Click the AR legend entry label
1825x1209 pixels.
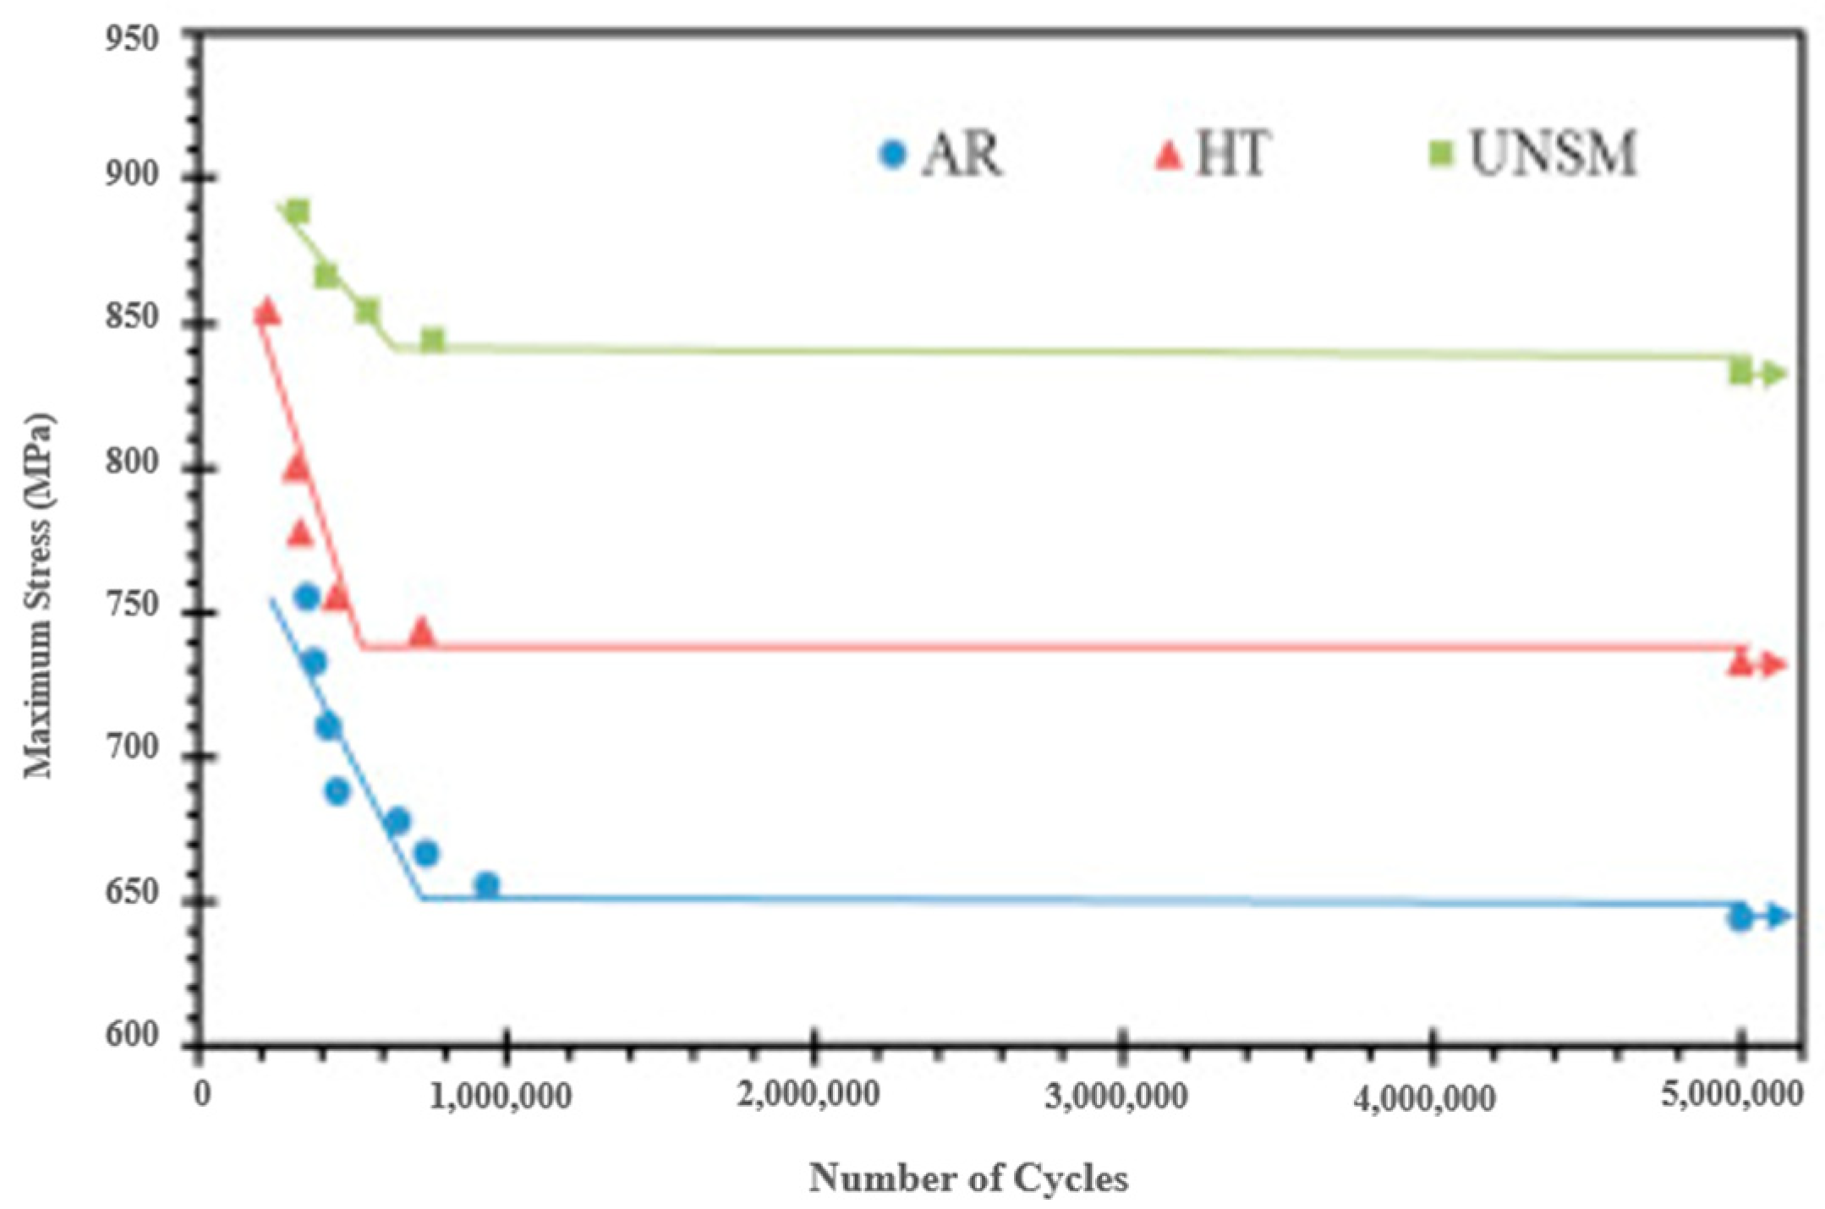click(x=962, y=154)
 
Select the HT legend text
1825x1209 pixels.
click(x=1232, y=154)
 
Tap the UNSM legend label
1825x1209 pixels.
click(x=1553, y=154)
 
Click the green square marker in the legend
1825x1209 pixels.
click(x=1441, y=154)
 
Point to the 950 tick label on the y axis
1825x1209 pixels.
click(x=131, y=39)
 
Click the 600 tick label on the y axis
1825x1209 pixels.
click(x=131, y=1035)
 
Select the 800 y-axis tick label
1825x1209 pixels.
click(x=131, y=463)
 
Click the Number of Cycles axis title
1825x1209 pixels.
click(x=968, y=1178)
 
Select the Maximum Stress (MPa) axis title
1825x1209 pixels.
click(x=38, y=596)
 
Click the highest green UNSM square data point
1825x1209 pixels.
click(x=297, y=211)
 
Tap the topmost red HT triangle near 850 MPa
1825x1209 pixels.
click(x=267, y=312)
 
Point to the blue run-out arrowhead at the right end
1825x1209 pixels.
click(x=1778, y=916)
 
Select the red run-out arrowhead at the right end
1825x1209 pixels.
click(x=1774, y=665)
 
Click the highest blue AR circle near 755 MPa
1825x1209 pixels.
click(x=306, y=597)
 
